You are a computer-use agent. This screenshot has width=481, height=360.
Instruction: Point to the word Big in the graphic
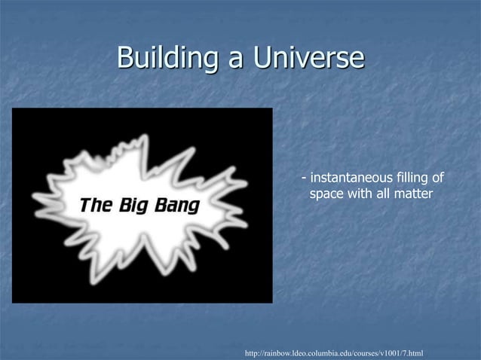(x=134, y=206)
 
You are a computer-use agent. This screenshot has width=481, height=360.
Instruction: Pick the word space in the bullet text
(x=327, y=196)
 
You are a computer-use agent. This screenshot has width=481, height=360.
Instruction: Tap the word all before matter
(x=384, y=195)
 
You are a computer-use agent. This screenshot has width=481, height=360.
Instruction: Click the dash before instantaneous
(x=304, y=179)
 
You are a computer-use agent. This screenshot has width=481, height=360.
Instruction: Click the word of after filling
(x=437, y=178)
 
